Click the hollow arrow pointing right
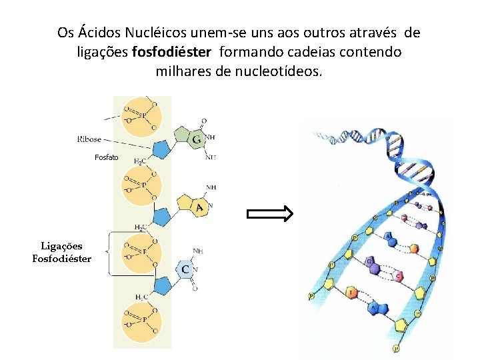point(270,214)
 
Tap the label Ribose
point(89,139)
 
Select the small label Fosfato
point(106,157)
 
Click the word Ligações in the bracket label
point(62,246)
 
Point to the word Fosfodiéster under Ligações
point(62,258)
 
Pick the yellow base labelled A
point(199,207)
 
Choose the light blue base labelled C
point(185,269)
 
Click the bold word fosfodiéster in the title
point(172,51)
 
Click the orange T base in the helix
point(352,292)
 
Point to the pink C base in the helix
point(399,275)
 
